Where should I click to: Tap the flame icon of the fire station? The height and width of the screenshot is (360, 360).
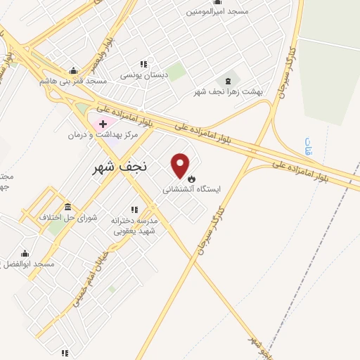[191, 179]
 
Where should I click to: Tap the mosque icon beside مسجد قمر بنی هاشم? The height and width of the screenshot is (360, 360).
[73, 70]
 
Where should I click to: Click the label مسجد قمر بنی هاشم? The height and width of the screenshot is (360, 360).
[73, 82]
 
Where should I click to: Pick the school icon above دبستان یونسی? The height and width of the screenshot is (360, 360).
[144, 64]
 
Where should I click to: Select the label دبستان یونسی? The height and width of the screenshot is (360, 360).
[144, 75]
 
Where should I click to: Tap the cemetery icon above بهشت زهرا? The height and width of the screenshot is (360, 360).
[229, 81]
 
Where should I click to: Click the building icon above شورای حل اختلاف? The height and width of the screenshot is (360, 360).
[67, 207]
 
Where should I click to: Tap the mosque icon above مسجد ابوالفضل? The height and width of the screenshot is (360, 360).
[25, 253]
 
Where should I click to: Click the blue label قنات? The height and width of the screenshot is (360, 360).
[308, 146]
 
